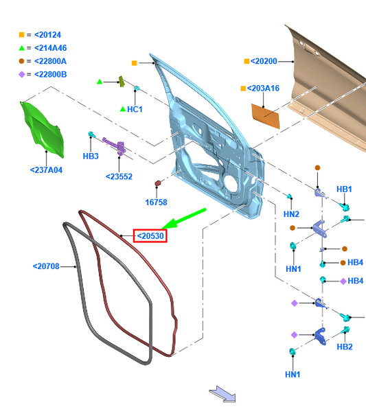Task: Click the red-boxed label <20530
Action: pos(150,236)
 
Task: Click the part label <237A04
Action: pos(46,170)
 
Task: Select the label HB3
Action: pos(91,156)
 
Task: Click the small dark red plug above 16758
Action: pos(158,184)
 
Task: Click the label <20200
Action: pos(264,61)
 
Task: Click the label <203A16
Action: pos(263,89)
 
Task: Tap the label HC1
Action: pos(135,109)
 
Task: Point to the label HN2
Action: pos(292,215)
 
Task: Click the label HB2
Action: pos(344,347)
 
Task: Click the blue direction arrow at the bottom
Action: pos(223,394)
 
